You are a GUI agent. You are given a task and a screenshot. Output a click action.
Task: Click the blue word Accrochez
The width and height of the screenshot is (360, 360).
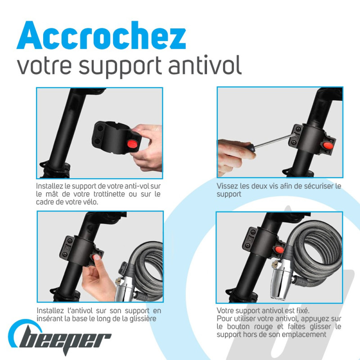pyautogui.click(x=101, y=35)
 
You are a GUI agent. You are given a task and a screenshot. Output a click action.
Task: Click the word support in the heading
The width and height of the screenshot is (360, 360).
pyautogui.click(x=120, y=67)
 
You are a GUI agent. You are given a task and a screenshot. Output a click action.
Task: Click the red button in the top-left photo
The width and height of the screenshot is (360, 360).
pyautogui.click(x=132, y=144)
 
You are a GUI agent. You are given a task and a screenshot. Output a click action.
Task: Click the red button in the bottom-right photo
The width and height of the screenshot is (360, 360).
pyautogui.click(x=279, y=249)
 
